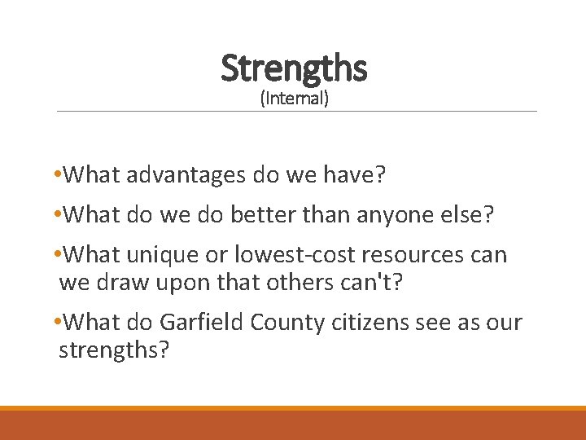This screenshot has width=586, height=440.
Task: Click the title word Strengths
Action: (x=294, y=68)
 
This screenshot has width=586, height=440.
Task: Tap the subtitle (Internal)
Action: (x=294, y=99)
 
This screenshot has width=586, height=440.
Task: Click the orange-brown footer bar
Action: (x=293, y=425)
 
